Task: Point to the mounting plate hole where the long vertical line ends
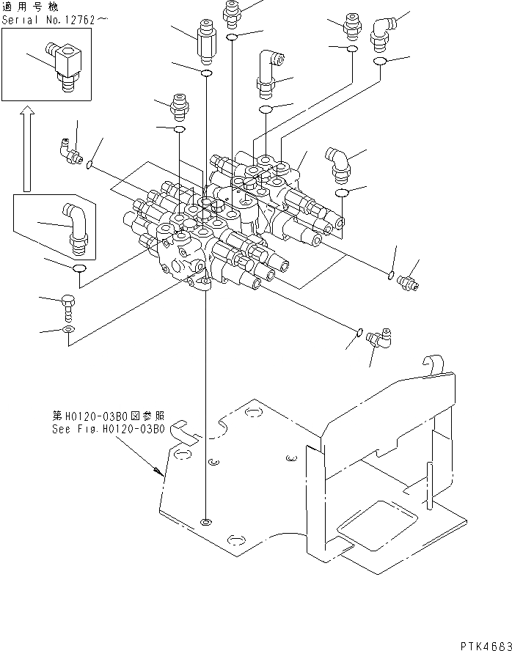pyautogui.click(x=206, y=523)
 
